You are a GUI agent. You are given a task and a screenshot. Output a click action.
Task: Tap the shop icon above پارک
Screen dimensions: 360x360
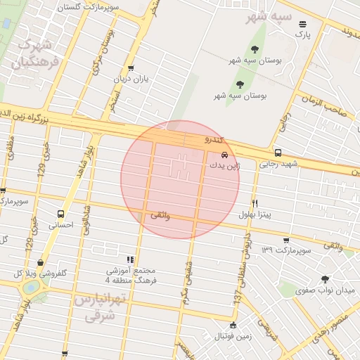[302, 23]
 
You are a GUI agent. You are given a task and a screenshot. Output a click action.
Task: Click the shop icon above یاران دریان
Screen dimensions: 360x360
[131, 68]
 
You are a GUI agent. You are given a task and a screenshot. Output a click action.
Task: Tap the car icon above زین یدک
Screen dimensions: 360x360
[224, 155]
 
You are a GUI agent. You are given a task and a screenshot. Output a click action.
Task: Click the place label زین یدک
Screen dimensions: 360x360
[224, 165]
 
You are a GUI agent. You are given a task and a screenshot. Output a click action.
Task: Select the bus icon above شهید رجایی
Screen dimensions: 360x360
[278, 153]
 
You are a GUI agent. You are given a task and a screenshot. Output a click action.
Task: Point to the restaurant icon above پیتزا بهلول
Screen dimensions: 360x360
[255, 202]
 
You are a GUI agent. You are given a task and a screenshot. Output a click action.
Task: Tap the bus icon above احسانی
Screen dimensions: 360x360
[60, 214]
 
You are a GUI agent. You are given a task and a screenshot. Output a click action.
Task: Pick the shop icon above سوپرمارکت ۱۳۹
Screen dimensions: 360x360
[285, 240]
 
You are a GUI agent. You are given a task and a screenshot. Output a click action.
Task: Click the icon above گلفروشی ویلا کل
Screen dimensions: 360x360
[41, 262]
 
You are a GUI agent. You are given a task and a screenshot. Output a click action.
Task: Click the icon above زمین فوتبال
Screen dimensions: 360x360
[233, 324]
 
